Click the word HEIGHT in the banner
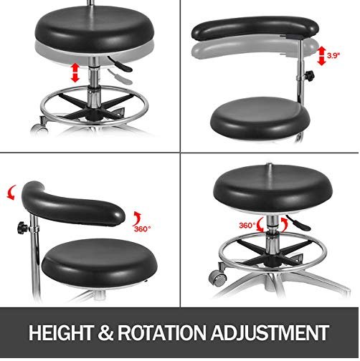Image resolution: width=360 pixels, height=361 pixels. pos(61,332)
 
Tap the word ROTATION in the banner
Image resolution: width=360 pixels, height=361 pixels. pos(161,332)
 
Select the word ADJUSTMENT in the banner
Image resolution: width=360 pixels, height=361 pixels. pos(270,332)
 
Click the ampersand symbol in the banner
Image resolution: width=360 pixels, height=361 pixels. pos(105,332)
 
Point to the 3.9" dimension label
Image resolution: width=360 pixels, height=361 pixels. pos(333,56)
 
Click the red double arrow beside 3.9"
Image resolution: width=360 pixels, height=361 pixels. pos(321,56)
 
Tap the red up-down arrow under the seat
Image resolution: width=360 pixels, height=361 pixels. pos(75,72)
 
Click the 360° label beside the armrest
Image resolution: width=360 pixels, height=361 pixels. pos(142,228)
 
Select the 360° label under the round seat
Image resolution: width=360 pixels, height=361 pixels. pos(247,225)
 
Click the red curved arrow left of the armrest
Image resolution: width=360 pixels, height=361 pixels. pos(11,192)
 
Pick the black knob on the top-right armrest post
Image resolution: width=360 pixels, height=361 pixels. pos(309,76)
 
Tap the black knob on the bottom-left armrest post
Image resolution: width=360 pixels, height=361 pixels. pos(23,228)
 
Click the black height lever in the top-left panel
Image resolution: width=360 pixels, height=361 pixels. pos(120,64)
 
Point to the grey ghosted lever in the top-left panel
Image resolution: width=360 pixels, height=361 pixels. pos(120,77)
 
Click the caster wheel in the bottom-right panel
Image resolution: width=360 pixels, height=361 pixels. pos(217,277)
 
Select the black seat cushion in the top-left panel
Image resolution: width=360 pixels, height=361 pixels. pos(95,29)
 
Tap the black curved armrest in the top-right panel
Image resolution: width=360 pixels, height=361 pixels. pos(255,28)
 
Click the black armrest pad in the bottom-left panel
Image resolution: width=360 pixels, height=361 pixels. pos(72,205)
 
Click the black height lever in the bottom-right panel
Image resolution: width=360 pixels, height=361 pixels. pos(298,223)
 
